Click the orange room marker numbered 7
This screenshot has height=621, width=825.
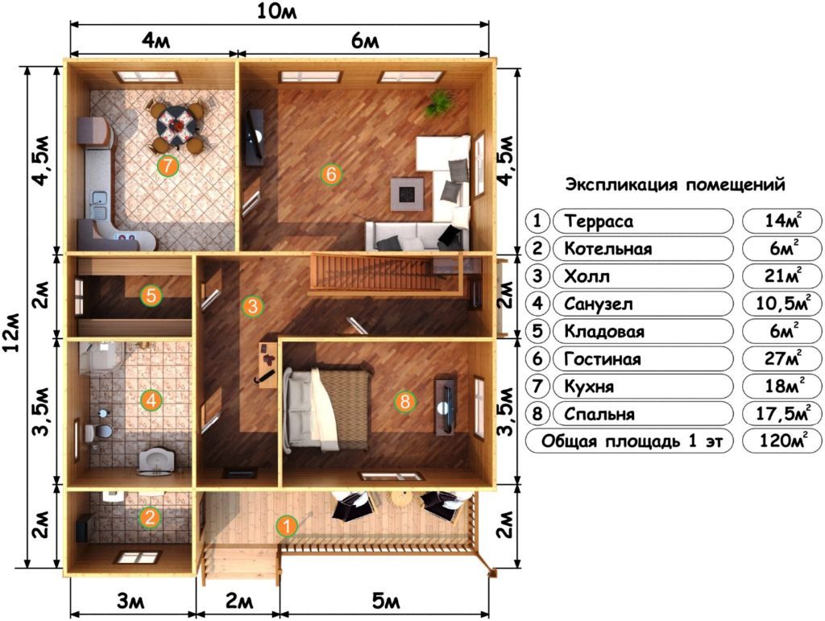click(168, 166)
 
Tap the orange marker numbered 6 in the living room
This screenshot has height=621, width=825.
click(331, 173)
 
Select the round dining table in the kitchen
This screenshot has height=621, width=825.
click(178, 125)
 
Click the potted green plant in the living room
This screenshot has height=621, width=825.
click(439, 101)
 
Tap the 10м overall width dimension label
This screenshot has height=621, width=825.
click(277, 11)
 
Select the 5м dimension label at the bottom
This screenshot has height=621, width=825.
click(386, 601)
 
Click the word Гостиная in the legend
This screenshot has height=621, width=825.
click(603, 359)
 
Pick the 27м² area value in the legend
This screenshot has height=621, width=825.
click(781, 358)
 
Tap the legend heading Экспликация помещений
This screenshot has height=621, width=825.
click(675, 185)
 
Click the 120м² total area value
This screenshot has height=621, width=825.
click(782, 440)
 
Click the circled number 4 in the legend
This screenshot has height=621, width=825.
click(537, 304)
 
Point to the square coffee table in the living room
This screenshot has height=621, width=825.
click(407, 193)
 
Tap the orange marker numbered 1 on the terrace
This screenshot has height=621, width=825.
click(287, 526)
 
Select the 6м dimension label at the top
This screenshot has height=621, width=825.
click(365, 40)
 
